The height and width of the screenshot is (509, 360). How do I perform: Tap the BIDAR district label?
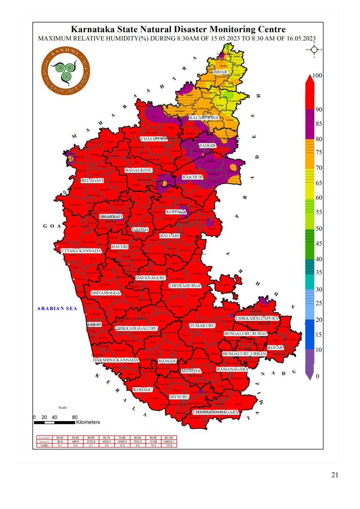coord(220,73)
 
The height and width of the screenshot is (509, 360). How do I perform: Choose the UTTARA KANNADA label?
coord(81,251)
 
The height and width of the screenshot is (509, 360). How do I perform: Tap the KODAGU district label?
coord(143,389)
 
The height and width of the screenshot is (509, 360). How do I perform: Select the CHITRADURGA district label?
coord(184,286)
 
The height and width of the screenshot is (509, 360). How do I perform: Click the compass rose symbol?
coord(314,50)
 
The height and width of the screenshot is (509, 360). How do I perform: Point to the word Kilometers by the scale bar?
coord(88,422)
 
